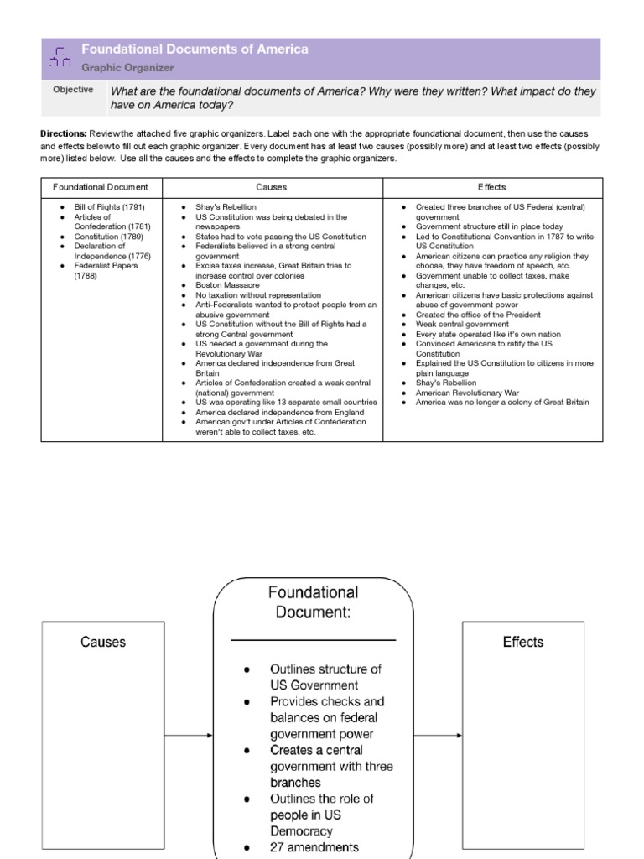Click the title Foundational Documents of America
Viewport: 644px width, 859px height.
195,49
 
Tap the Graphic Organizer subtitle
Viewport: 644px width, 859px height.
127,68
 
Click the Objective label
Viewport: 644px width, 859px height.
73,90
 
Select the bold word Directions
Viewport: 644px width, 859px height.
63,133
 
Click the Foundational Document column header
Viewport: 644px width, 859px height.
101,187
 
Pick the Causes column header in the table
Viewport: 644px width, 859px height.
272,187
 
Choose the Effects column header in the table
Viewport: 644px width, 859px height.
492,187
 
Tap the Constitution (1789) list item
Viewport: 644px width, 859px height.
109,237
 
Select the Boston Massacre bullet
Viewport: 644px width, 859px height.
227,285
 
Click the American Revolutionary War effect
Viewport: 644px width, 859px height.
467,393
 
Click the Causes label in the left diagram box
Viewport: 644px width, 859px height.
103,642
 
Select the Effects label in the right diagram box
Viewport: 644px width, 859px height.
523,642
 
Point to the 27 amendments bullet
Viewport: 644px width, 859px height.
314,847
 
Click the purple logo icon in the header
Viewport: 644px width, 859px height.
60,58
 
